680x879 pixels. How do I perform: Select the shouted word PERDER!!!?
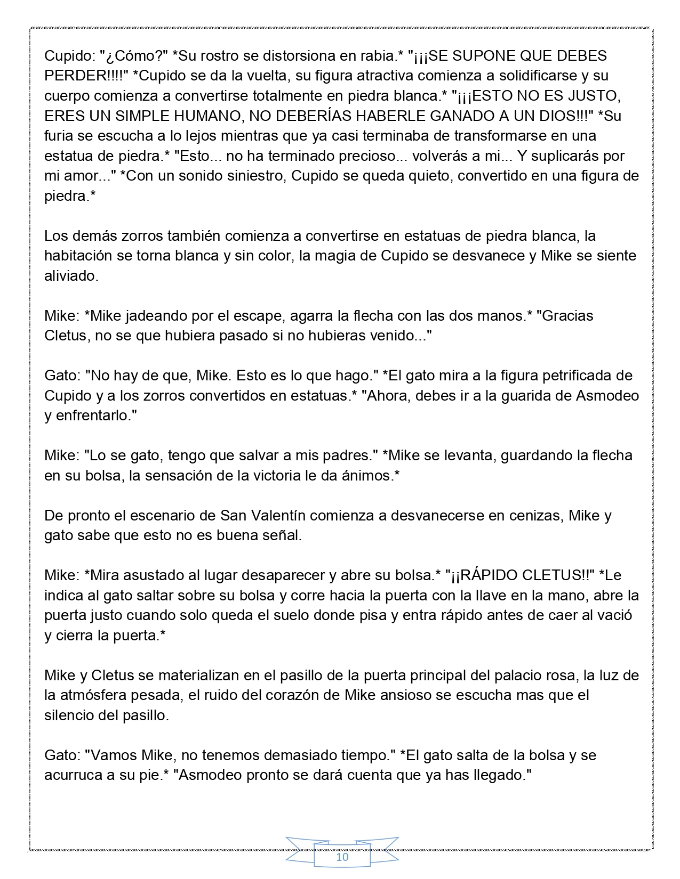pos(86,76)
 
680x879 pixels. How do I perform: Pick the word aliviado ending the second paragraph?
pos(70,276)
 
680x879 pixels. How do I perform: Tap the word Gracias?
pos(566,316)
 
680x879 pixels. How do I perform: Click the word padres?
pos(345,455)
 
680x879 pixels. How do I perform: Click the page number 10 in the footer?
pos(342,857)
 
